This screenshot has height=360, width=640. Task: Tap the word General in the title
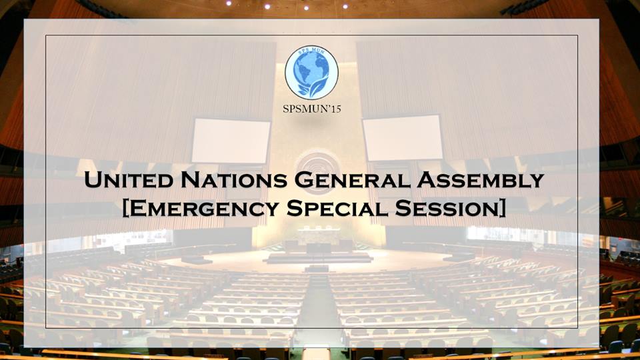pyautogui.click(x=352, y=179)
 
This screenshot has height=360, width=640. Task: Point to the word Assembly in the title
pyautogui.click(x=481, y=179)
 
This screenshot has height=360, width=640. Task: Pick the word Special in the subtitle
pyautogui.click(x=337, y=208)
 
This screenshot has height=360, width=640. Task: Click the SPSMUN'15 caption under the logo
pyautogui.click(x=312, y=109)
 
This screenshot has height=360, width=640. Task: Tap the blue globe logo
pyautogui.click(x=311, y=72)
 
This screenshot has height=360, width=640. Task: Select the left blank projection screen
pyautogui.click(x=231, y=141)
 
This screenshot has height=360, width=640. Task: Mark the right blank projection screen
pyautogui.click(x=403, y=138)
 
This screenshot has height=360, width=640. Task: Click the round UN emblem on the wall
pyautogui.click(x=317, y=163)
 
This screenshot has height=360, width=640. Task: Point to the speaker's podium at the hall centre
pyautogui.click(x=317, y=268)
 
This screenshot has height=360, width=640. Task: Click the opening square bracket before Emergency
pyautogui.click(x=126, y=208)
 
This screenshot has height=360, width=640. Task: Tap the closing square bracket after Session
pyautogui.click(x=501, y=208)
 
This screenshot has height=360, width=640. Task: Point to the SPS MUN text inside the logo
pyautogui.click(x=311, y=51)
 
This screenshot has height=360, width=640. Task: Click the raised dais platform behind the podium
pyautogui.click(x=319, y=257)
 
